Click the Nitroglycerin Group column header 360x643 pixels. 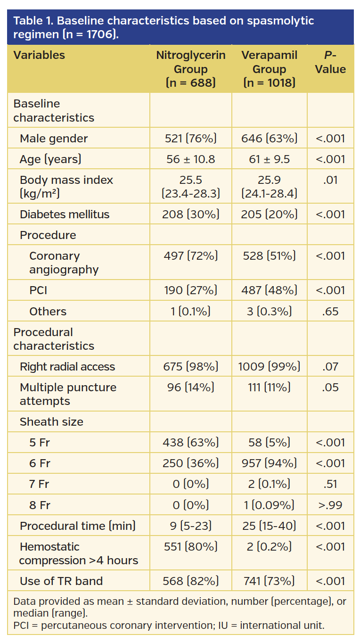click(190, 69)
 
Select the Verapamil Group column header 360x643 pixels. click(269, 69)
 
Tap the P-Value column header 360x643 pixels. click(330, 62)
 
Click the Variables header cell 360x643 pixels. click(39, 55)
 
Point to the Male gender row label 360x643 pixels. click(53, 139)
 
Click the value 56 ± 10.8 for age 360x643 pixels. click(190, 159)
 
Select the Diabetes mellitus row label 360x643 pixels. click(64, 214)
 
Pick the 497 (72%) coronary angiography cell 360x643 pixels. click(190, 256)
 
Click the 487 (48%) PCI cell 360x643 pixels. click(269, 290)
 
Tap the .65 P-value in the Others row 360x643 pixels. click(330, 312)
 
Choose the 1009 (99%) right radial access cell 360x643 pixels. click(269, 367)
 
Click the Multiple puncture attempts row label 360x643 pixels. click(68, 394)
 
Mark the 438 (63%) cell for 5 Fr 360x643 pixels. click(190, 443)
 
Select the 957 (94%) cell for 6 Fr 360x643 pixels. click(269, 463)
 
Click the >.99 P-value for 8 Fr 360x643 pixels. click(330, 505)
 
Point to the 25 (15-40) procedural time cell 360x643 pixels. click(269, 526)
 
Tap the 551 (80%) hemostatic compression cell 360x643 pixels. click(190, 547)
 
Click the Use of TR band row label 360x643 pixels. click(61, 581)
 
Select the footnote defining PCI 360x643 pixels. click(169, 626)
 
